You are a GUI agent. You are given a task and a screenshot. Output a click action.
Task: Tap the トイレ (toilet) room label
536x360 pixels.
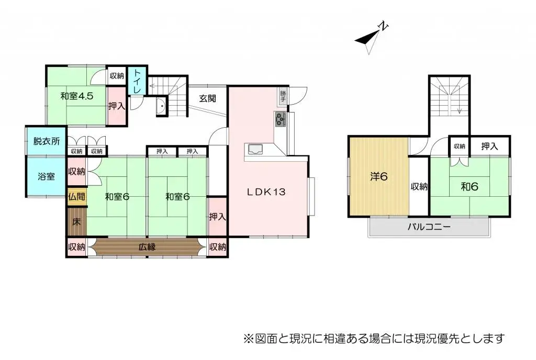point(136,82)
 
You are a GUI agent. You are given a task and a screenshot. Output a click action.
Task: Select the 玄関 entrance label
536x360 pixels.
point(208,98)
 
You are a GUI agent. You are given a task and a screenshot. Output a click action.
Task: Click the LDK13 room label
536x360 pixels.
point(266,192)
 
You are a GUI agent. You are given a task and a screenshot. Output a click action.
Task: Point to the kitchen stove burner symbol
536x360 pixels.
point(280,119)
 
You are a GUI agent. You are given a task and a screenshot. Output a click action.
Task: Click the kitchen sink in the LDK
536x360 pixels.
point(257,149)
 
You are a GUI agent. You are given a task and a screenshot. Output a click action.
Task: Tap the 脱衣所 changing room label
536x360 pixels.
point(47,141)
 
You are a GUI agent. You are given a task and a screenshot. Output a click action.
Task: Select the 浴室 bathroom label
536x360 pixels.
point(46,176)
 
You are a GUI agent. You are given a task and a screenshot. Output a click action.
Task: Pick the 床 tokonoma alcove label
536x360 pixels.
point(76,221)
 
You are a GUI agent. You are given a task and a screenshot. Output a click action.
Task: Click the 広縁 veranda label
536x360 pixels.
point(147,247)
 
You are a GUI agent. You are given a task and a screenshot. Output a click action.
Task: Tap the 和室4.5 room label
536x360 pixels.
point(76,96)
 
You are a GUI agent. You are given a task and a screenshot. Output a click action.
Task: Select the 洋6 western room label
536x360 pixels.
point(379,176)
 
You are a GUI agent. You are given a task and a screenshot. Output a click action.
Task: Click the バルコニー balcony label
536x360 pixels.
point(429,227)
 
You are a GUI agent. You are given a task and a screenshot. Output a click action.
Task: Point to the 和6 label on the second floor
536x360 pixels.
point(470,186)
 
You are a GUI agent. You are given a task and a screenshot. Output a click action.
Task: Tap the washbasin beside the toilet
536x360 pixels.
point(161,108)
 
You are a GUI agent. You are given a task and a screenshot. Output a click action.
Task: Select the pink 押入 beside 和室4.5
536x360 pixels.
point(116,106)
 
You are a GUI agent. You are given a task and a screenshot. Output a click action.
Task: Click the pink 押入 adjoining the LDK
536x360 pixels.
point(217,217)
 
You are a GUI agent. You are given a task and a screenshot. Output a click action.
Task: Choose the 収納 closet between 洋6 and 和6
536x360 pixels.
point(419,186)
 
